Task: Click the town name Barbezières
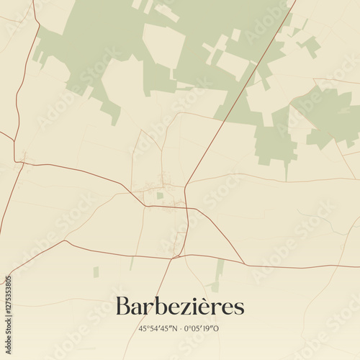[x=180, y=306]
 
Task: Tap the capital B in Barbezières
[x=124, y=305]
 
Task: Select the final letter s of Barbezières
[x=239, y=308]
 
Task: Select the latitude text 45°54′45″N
[x=158, y=328]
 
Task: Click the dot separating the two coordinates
[x=181, y=328]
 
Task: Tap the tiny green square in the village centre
[x=160, y=195]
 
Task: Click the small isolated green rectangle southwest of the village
[x=96, y=272]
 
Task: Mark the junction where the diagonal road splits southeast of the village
[x=186, y=209]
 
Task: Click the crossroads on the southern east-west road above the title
[x=177, y=256]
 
